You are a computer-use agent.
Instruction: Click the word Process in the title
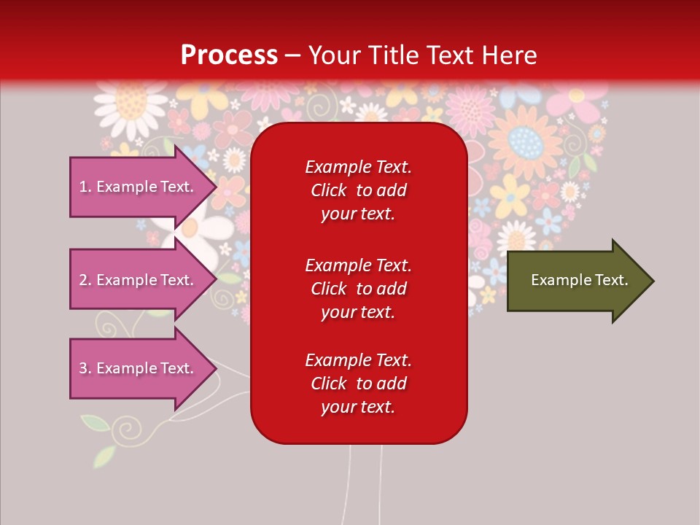coord(229,55)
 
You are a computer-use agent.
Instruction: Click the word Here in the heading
coord(508,55)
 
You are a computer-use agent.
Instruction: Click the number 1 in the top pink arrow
coord(82,187)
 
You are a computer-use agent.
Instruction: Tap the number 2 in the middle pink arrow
coord(82,280)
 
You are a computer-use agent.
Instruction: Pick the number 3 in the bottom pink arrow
coord(82,368)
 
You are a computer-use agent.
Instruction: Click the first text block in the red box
coord(358,190)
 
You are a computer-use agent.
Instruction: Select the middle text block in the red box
coord(358,289)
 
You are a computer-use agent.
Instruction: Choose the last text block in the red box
coord(358,384)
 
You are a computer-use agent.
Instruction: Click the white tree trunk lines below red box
coord(365,481)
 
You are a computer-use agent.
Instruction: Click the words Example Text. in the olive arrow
coord(579,280)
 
